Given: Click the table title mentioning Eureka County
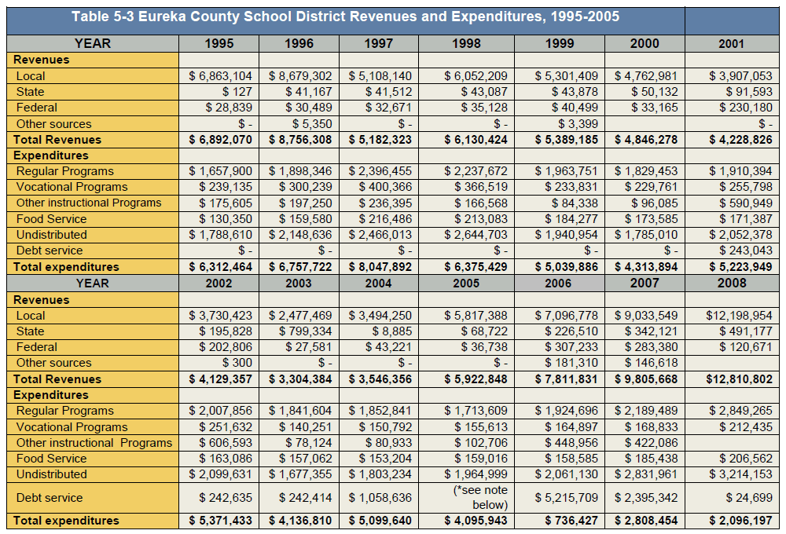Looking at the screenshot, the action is [345, 16].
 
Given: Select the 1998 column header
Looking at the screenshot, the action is [466, 43].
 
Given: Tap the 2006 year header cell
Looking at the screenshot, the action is [558, 283].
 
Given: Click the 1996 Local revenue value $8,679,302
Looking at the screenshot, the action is [299, 76].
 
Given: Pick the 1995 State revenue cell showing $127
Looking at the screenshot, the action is [237, 92].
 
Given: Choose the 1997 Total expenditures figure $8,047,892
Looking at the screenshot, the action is [380, 267].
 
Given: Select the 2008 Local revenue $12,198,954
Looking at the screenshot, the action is [739, 316].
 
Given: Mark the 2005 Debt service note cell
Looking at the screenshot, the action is [480, 497].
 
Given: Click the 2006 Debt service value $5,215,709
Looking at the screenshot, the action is [566, 498].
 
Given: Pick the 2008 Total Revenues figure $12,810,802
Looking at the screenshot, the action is [739, 379].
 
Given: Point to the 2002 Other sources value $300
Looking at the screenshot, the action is [237, 363].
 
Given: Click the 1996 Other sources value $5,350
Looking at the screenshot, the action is [312, 124].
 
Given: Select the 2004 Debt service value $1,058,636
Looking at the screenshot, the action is [380, 498].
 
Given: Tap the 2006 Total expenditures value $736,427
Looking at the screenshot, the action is [571, 521].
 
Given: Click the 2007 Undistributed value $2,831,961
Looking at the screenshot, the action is [646, 474].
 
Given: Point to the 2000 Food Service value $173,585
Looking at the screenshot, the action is [651, 219].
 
